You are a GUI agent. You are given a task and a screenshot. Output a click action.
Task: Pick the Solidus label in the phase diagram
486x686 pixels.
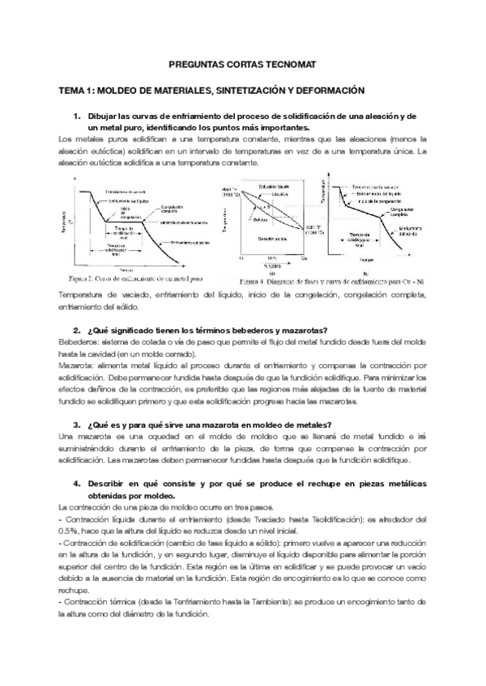coord(261,220)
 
